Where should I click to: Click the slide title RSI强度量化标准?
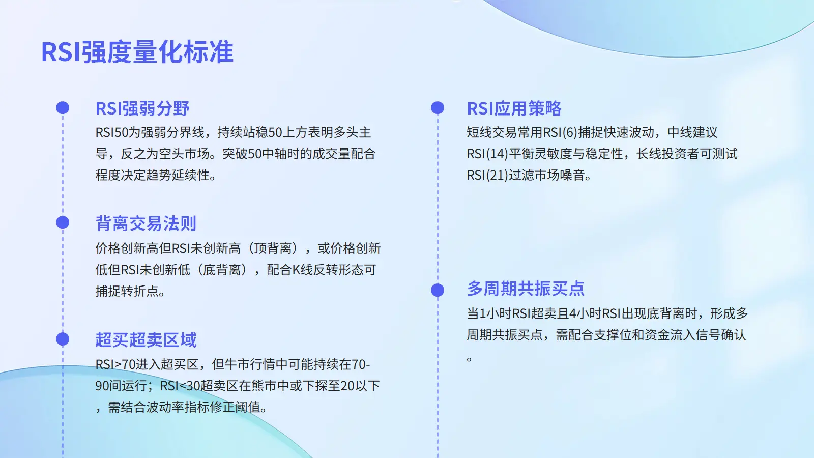pos(137,51)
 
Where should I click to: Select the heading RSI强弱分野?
pos(142,108)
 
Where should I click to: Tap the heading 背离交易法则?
pos(146,223)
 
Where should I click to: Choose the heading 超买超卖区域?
pos(146,339)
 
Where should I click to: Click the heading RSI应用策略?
pos(514,108)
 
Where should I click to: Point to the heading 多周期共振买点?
pos(526,289)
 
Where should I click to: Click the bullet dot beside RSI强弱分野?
pos(63,108)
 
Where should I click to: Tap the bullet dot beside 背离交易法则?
pos(63,223)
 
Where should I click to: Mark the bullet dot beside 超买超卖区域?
pos(63,339)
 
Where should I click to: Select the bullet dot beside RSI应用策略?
pos(438,108)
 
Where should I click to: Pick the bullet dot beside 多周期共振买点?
pos(438,290)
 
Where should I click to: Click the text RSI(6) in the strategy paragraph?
pos(560,132)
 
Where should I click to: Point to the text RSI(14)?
pos(487,154)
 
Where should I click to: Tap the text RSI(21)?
pos(487,175)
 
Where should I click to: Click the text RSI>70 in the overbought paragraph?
pos(115,364)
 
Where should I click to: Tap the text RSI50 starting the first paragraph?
pos(112,132)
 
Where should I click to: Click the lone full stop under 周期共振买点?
pos(469,359)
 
